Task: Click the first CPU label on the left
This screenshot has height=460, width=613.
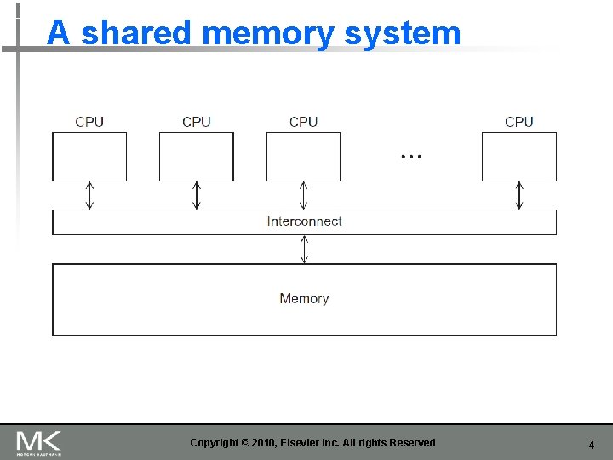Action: [89, 122]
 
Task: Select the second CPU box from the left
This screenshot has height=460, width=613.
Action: [197, 157]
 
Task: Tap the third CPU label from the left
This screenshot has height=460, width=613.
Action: [303, 122]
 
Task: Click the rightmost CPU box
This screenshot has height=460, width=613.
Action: [518, 157]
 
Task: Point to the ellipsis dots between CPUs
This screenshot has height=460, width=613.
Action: [411, 157]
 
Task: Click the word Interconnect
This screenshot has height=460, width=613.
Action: [304, 221]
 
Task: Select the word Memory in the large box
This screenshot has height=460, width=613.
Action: [304, 298]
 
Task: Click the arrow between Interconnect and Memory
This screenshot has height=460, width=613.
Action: [304, 250]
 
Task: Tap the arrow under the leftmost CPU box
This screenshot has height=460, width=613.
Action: [89, 195]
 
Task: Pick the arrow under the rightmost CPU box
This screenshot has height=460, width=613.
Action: [519, 195]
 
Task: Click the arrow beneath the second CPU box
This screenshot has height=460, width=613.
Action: [197, 195]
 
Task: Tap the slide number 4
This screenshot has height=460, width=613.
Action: [591, 445]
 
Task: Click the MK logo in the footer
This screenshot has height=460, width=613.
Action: [38, 442]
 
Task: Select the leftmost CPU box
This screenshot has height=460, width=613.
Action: [89, 157]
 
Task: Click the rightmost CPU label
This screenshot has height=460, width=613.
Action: [518, 122]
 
